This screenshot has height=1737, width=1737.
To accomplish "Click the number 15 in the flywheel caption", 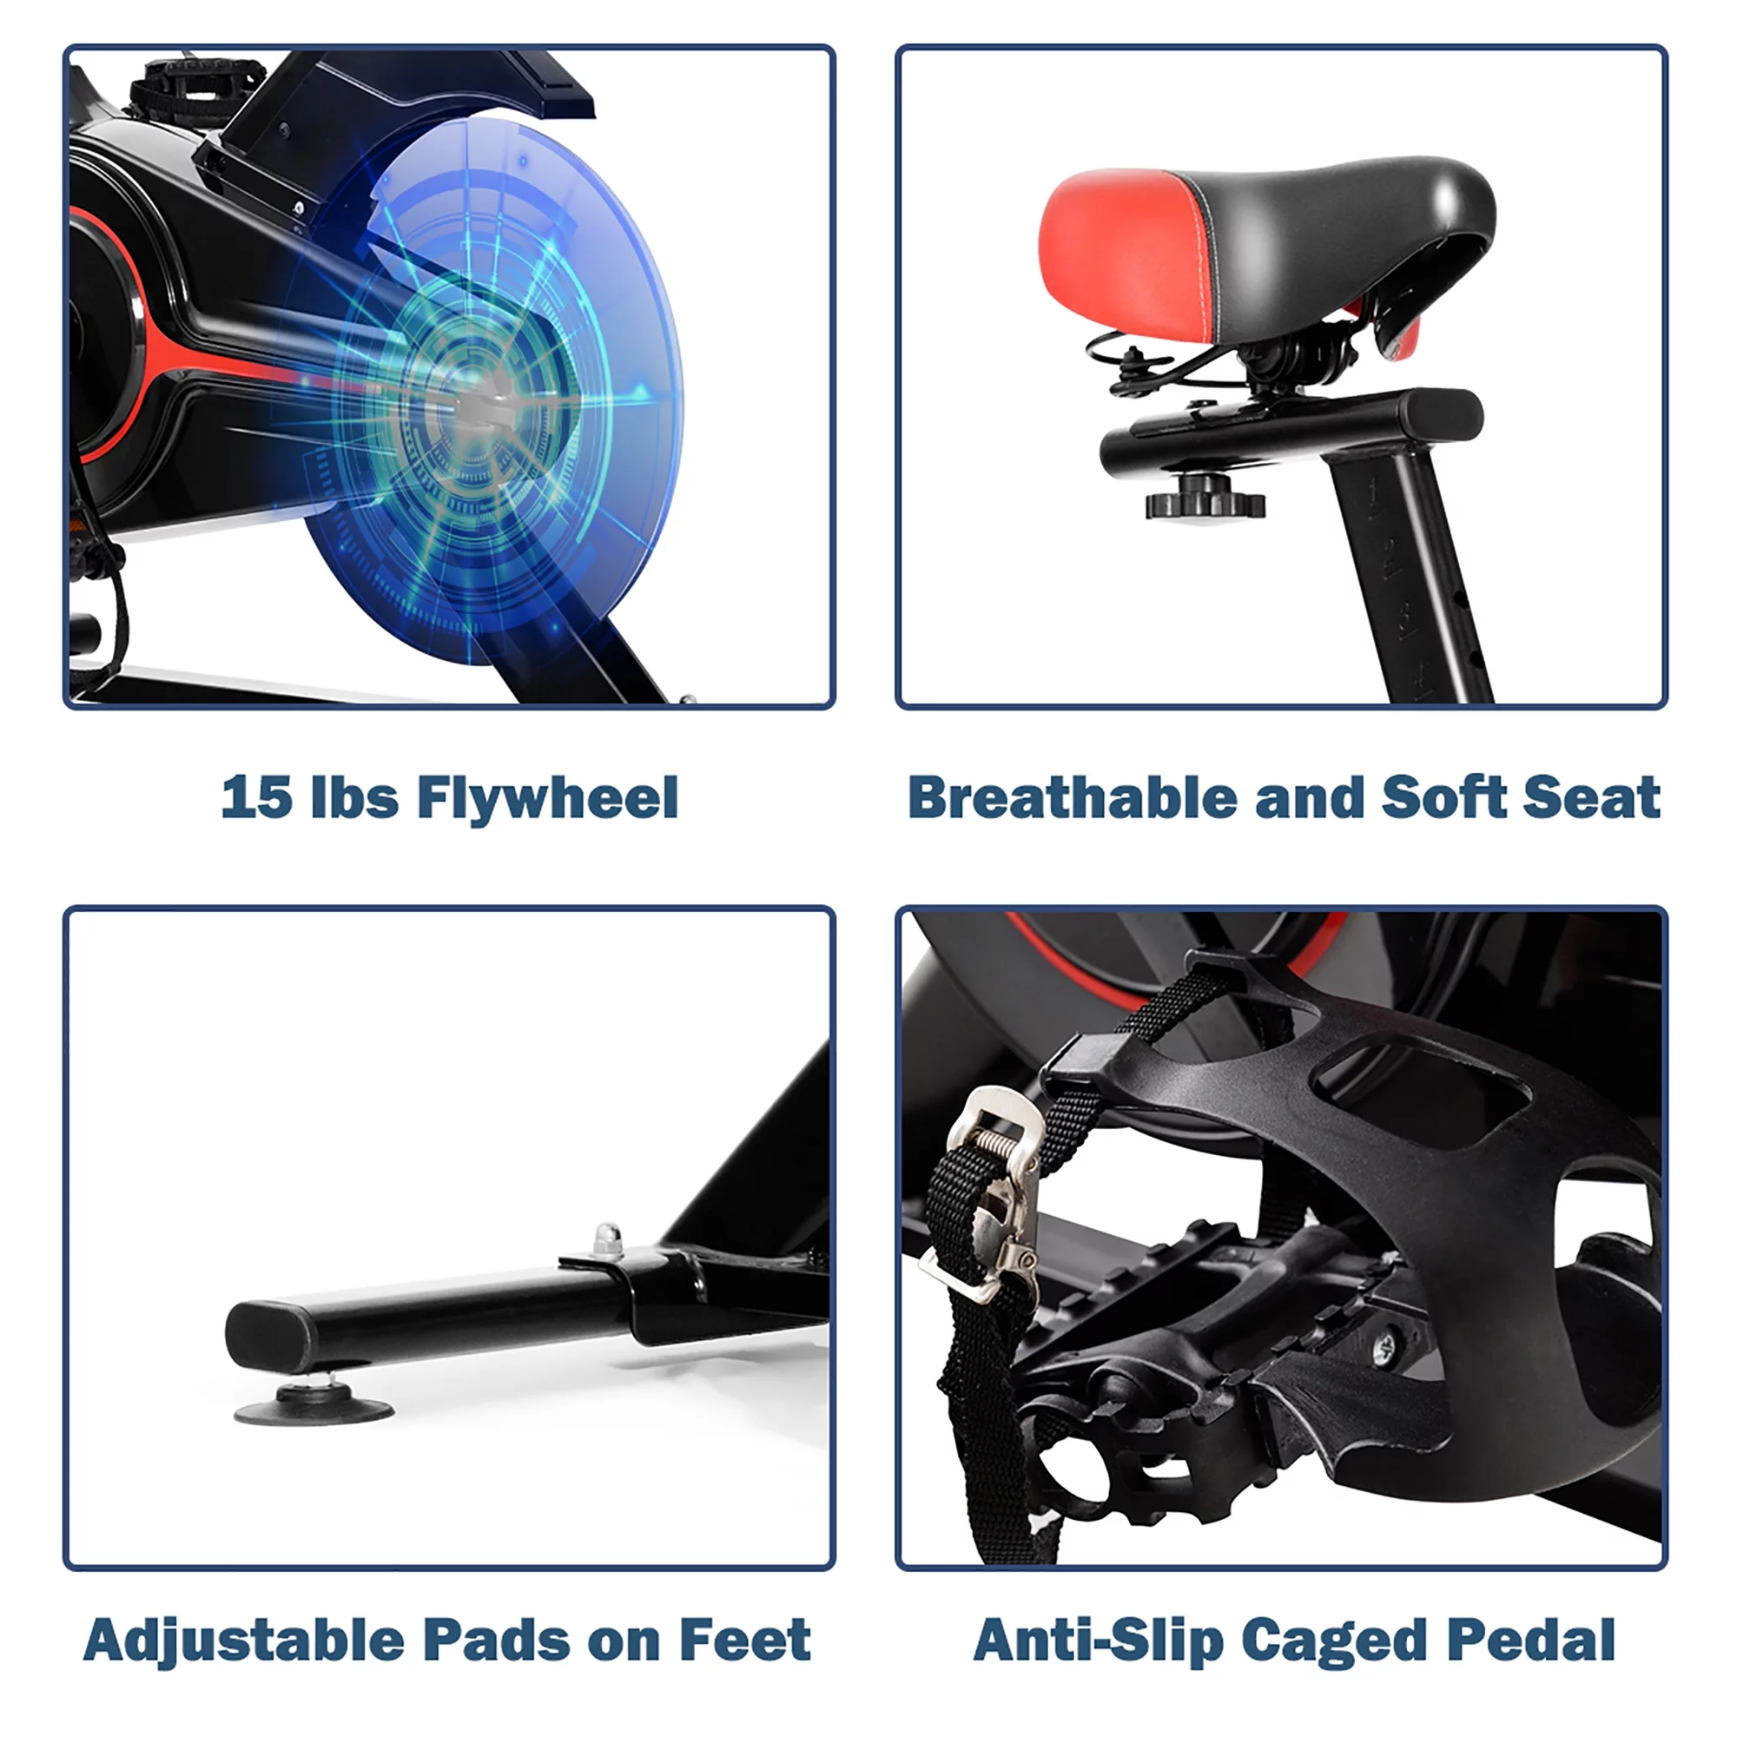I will [256, 797].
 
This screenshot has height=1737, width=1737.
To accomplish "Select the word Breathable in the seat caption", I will [1072, 797].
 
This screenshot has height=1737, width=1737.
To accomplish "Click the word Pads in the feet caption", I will [495, 1640].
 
